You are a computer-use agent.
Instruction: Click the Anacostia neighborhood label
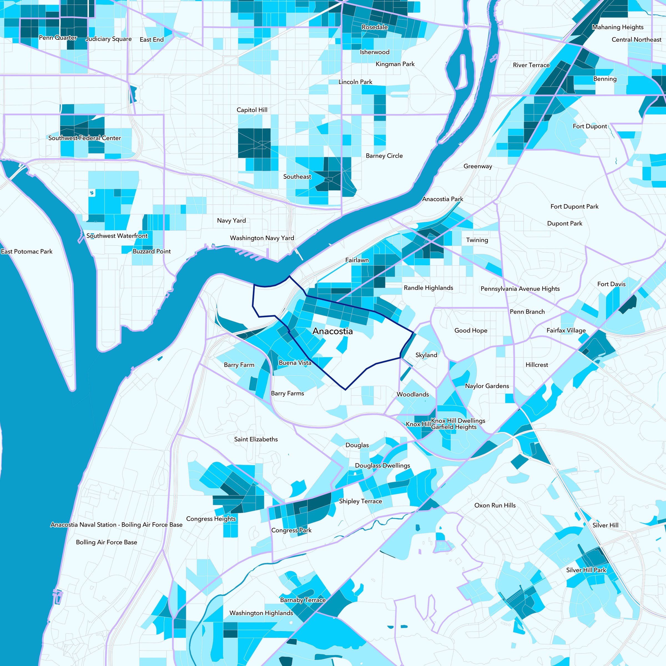point(332,331)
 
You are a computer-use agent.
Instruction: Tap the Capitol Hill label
point(252,110)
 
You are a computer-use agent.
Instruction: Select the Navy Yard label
point(231,221)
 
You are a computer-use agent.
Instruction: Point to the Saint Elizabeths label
point(256,439)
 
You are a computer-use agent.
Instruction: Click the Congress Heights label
point(211,519)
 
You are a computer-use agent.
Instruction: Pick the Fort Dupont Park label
point(574,206)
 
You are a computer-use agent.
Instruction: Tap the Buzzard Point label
point(152,251)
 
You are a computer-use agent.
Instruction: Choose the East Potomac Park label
point(27,251)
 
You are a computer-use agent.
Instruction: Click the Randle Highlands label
point(428,288)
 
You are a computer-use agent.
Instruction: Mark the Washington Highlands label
point(261,613)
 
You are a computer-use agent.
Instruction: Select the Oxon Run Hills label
point(495,505)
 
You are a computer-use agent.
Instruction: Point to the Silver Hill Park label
point(586,570)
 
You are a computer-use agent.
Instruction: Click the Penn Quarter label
point(58,37)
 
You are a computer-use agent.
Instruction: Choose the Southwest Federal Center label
point(84,138)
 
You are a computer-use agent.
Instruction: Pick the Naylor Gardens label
point(487,386)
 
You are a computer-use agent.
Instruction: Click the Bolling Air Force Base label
point(106,542)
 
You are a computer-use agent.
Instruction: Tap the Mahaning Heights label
point(618,27)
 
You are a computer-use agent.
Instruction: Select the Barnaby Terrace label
point(303,600)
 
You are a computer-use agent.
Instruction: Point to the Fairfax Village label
point(566,330)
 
